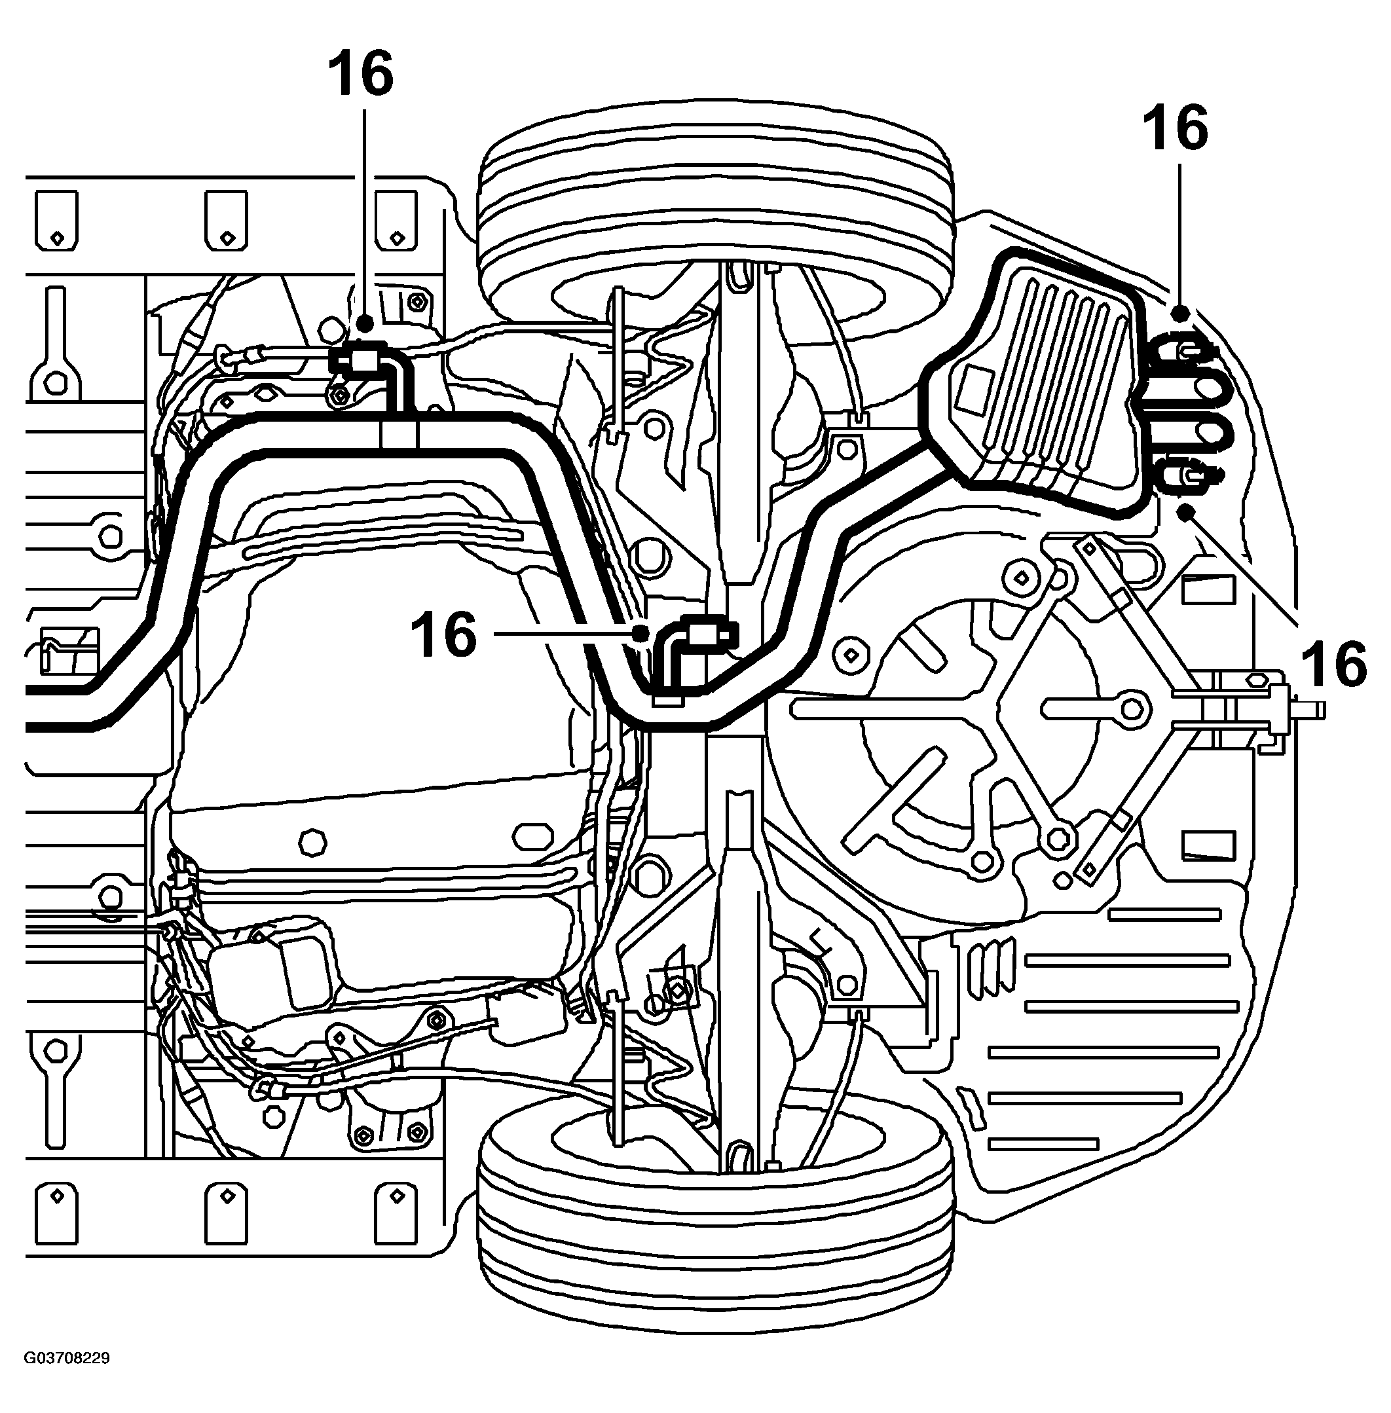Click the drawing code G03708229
[x=67, y=1357]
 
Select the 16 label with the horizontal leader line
[x=443, y=635]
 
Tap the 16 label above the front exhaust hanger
[x=360, y=73]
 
